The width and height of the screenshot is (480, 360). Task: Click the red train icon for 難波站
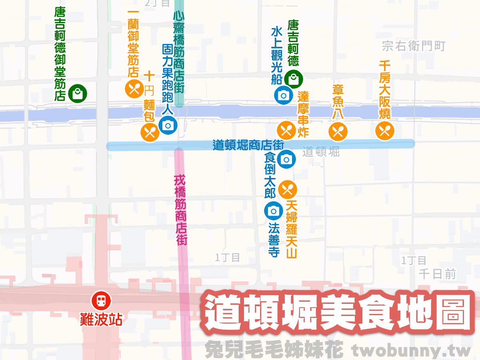tap(101, 300)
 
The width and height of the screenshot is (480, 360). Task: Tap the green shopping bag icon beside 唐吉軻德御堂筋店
tap(78, 94)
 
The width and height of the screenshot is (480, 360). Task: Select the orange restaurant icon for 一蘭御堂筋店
tap(134, 89)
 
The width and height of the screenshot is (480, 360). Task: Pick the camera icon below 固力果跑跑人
tap(168, 125)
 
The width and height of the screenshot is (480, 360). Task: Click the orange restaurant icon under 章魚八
tap(338, 132)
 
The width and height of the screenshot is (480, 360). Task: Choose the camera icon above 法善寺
tap(274, 211)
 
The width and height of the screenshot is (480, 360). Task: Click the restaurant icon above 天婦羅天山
tap(288, 190)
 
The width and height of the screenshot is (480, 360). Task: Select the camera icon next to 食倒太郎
tap(286, 159)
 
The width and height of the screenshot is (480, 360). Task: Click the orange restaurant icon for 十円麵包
tap(150, 132)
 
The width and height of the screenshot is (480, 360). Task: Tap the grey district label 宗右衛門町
tap(413, 46)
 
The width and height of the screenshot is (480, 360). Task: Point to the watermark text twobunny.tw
tap(412, 350)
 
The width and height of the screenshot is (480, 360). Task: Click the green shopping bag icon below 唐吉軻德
tap(294, 79)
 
